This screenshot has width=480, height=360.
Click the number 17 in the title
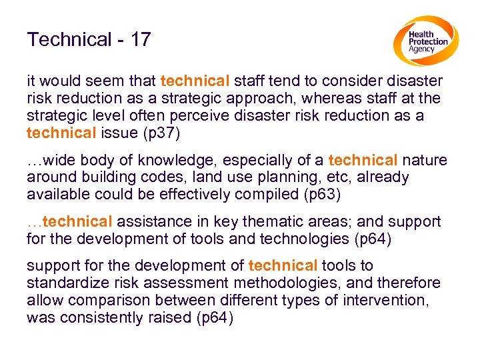pyautogui.click(x=141, y=40)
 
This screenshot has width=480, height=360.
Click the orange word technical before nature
pyautogui.click(x=363, y=161)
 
